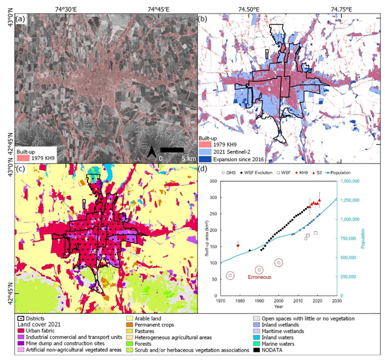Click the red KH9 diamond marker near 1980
coord(238,245)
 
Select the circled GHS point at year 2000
coord(279,263)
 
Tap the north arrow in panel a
coord(152,153)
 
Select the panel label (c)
coord(21,170)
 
